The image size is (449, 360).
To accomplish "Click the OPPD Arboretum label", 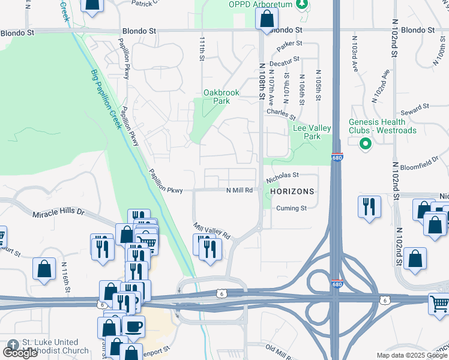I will click(x=260, y=5).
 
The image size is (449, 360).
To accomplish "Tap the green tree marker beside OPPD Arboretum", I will click(x=304, y=5).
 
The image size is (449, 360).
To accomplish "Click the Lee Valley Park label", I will click(x=307, y=132).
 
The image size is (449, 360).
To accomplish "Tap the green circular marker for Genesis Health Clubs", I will click(x=364, y=144).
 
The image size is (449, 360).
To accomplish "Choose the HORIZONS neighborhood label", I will click(x=292, y=191).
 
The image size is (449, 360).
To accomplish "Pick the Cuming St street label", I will click(x=292, y=208).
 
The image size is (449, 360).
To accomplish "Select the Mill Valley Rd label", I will click(x=212, y=232).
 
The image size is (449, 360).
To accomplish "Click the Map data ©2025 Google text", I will click(x=412, y=355).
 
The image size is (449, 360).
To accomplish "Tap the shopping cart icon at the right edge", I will click(x=439, y=304).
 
